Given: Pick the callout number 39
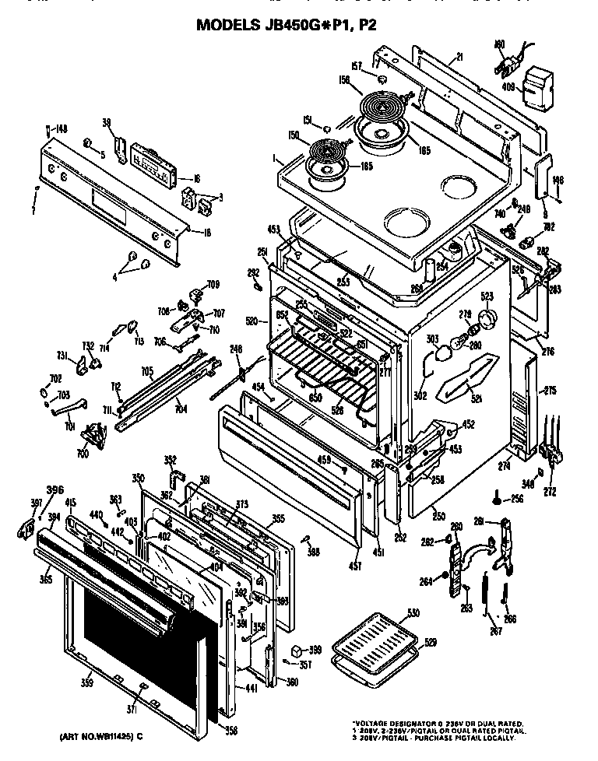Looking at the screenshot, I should [x=107, y=122].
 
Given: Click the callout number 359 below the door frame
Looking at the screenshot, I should [x=87, y=683].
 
